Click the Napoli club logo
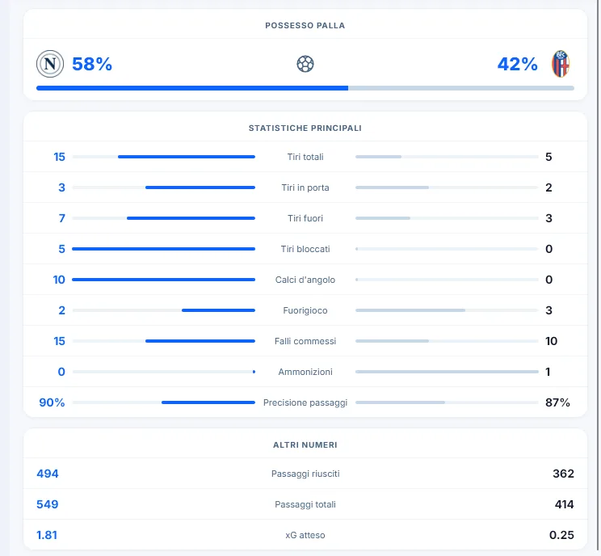(x=50, y=64)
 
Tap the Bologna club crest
(x=561, y=64)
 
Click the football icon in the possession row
(x=305, y=64)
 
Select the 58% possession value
(x=92, y=64)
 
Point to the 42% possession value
(x=518, y=64)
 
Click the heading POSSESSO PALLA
(x=305, y=26)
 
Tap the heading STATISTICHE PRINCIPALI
(x=305, y=128)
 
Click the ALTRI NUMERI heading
(x=305, y=444)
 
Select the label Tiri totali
(x=305, y=157)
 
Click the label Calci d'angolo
(x=305, y=280)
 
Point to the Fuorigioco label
(x=305, y=310)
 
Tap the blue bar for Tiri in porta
(x=200, y=187)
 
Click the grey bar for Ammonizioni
(x=447, y=372)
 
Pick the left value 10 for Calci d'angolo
(x=59, y=280)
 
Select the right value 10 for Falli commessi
(x=551, y=341)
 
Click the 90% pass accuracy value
(x=52, y=402)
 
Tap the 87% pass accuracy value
(x=557, y=402)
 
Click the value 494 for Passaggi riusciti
(x=48, y=474)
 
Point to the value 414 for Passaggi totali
(x=564, y=504)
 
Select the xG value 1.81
(x=47, y=535)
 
